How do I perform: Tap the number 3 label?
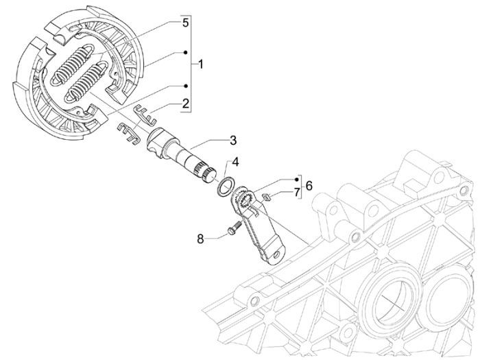(x=233, y=141)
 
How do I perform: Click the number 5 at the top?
(x=184, y=22)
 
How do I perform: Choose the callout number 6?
(x=309, y=186)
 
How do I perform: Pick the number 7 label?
(x=296, y=193)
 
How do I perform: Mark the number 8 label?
(x=201, y=239)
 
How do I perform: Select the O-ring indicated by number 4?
(x=228, y=187)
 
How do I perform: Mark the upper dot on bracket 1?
(x=186, y=51)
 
